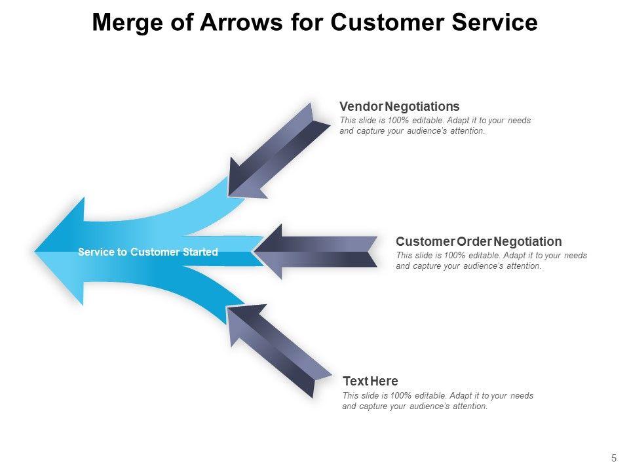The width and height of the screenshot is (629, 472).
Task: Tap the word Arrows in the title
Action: (x=241, y=22)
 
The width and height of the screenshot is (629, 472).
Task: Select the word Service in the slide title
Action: (x=495, y=22)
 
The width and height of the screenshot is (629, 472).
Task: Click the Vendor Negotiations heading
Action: (x=400, y=106)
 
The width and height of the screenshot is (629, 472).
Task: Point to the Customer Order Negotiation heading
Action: (x=478, y=241)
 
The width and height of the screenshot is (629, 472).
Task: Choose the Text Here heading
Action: (x=370, y=381)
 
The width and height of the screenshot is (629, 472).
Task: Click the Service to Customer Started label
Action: (x=147, y=252)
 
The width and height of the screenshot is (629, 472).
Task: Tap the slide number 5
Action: (x=614, y=458)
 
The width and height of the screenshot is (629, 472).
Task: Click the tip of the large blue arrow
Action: (x=35, y=252)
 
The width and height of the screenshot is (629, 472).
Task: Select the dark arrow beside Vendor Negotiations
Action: (x=279, y=151)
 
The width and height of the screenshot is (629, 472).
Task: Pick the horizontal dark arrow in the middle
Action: (x=316, y=252)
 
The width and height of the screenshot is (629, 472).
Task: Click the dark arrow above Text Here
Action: (x=279, y=350)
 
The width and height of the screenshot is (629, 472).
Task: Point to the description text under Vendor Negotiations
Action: (x=435, y=126)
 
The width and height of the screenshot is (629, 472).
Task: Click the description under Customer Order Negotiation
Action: (x=491, y=260)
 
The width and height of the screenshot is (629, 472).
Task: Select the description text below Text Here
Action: (x=438, y=401)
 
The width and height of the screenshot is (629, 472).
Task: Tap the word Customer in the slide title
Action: (x=387, y=22)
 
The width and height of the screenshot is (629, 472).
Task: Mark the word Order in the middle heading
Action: (x=474, y=241)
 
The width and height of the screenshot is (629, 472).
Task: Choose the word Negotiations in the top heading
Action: (x=422, y=106)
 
